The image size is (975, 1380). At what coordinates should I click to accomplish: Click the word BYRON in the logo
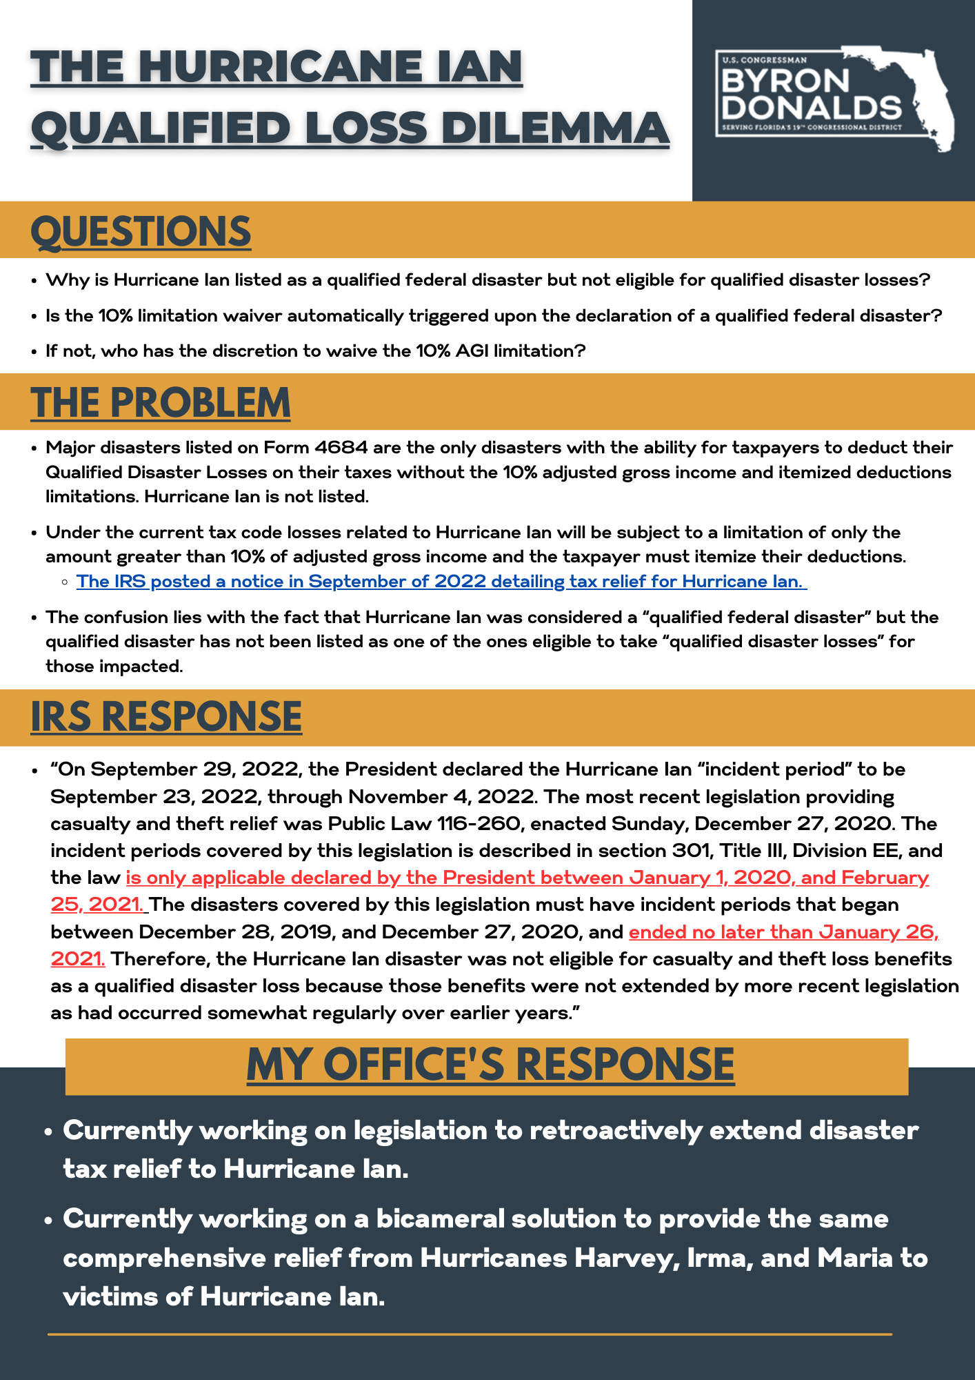[x=785, y=81]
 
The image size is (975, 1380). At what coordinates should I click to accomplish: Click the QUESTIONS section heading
[x=141, y=231]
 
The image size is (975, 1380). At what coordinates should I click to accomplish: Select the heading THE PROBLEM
[x=160, y=402]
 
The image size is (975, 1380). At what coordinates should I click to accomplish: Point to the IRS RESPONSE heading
[x=166, y=716]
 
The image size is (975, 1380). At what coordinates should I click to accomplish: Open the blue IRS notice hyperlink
[x=441, y=582]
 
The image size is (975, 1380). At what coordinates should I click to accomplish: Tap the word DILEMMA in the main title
[x=555, y=128]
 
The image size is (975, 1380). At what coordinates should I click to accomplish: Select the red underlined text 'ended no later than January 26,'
[x=783, y=932]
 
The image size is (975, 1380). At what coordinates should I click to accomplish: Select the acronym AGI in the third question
[x=472, y=351]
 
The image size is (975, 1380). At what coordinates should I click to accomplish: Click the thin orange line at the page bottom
[x=470, y=1334]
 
